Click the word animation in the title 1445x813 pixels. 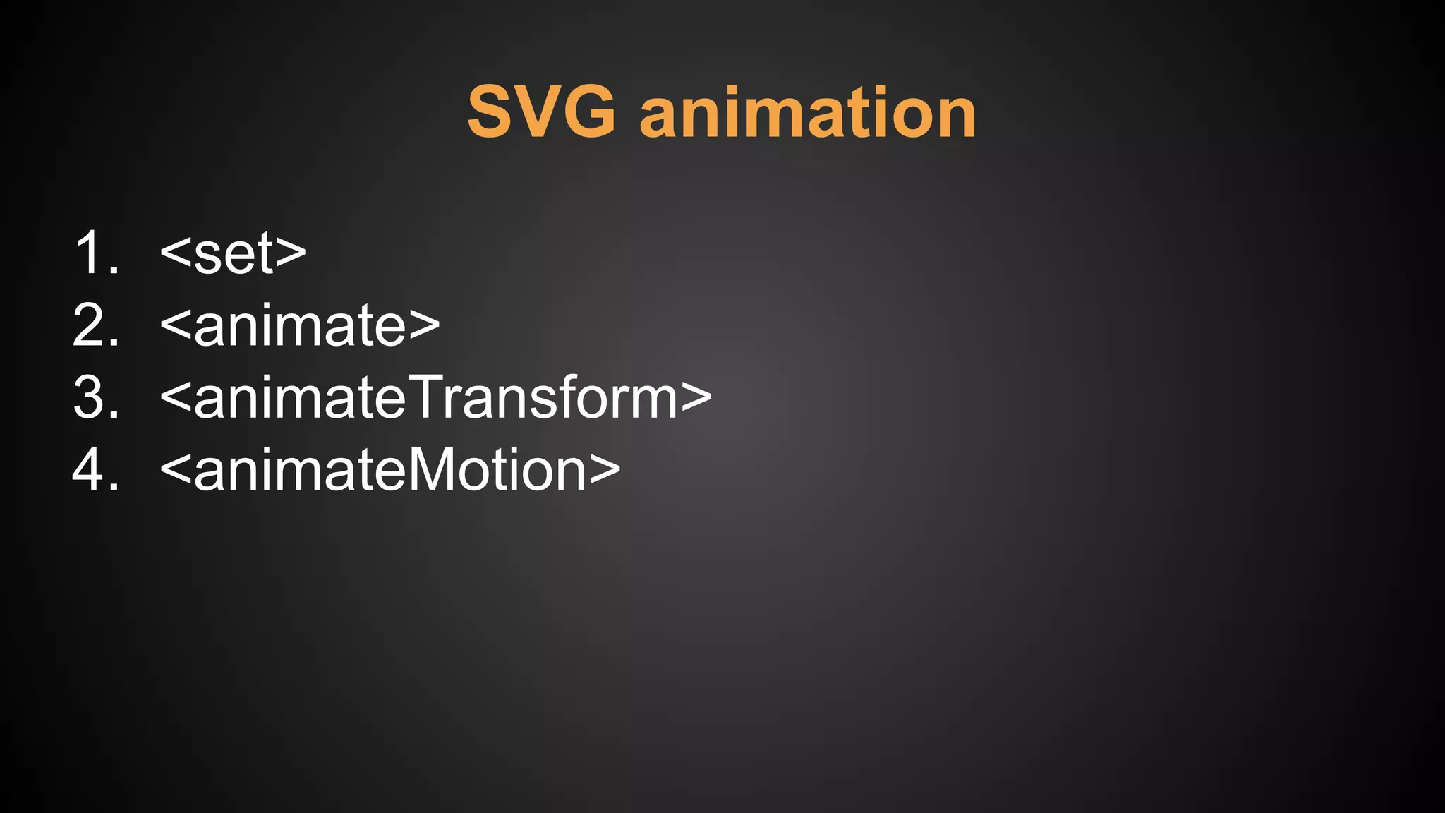pyautogui.click(x=808, y=113)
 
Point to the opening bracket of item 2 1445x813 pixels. pyautogui.click(x=176, y=327)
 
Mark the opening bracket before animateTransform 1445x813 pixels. pyautogui.click(x=176, y=399)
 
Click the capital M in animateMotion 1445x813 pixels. pyautogui.click(x=430, y=470)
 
